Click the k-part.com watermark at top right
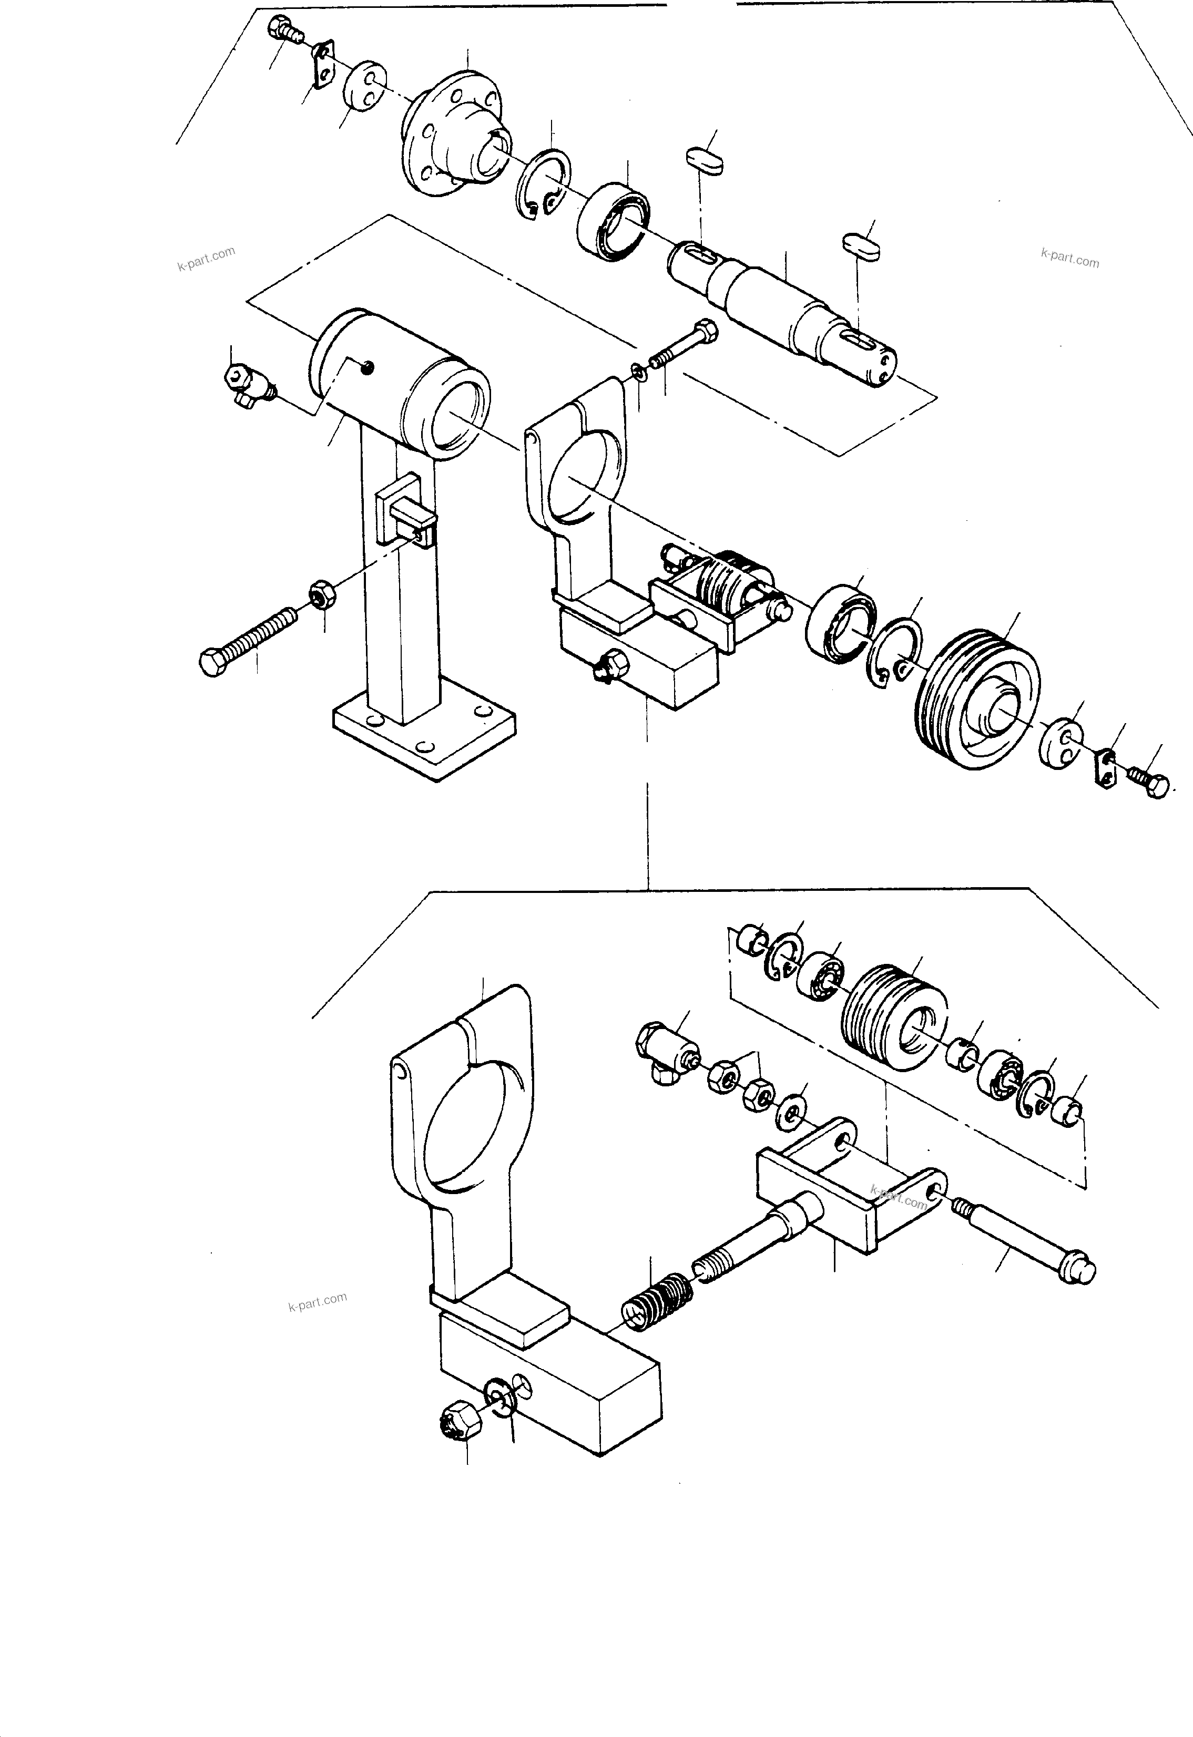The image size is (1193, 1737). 1069,258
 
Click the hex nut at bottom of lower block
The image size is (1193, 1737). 458,1420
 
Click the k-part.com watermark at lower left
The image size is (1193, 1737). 318,1301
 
